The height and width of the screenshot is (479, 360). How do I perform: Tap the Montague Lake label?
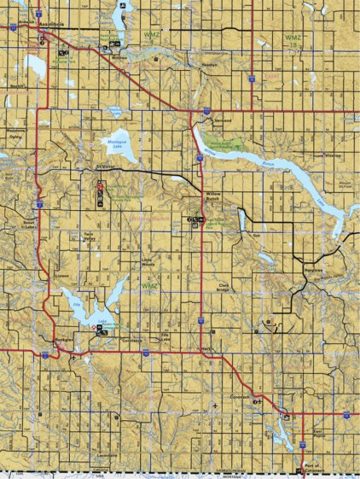pyautogui.click(x=119, y=143)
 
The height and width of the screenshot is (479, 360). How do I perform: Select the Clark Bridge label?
pyautogui.click(x=224, y=288)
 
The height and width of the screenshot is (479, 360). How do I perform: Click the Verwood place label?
pyautogui.click(x=224, y=121)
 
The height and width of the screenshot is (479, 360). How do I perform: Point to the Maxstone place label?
pyautogui.click(x=16, y=133)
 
